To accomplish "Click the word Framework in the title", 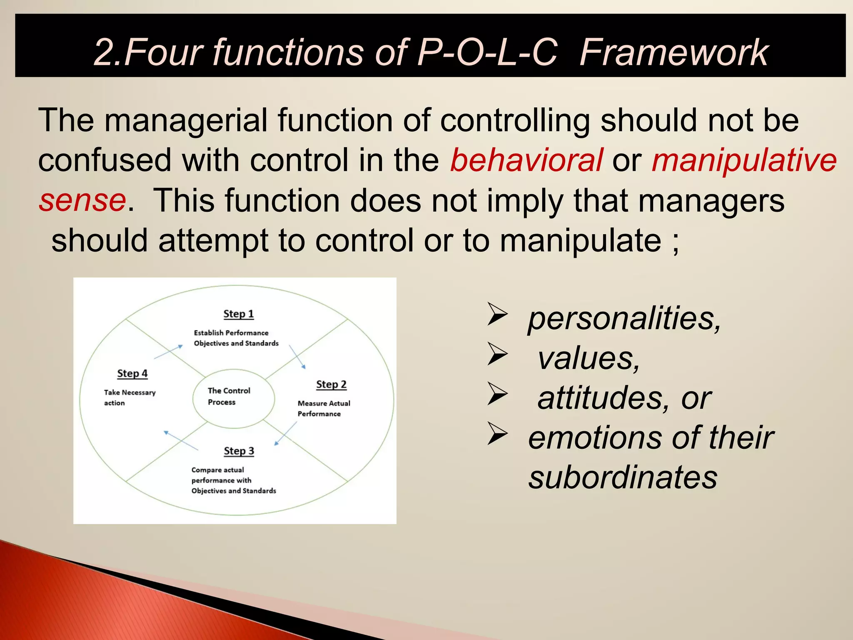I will (x=673, y=52).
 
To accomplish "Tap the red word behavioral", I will (x=526, y=160).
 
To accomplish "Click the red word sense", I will (x=82, y=200).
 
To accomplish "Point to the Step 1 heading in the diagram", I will (x=238, y=314).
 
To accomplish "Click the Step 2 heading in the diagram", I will (x=331, y=385).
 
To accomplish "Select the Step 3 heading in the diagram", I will (x=239, y=451).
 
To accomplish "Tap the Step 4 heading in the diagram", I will (x=132, y=373).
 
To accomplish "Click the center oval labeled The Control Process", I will (x=233, y=398).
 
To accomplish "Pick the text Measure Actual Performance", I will (x=324, y=408).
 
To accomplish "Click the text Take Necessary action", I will (x=129, y=397).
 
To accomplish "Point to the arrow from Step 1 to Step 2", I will (x=297, y=357).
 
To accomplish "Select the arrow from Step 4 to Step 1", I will (x=168, y=352).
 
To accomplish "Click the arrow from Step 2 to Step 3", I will (x=286, y=434).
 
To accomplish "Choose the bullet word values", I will (x=588, y=359).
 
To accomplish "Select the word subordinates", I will (x=623, y=477).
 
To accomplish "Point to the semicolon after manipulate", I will (x=675, y=242).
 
